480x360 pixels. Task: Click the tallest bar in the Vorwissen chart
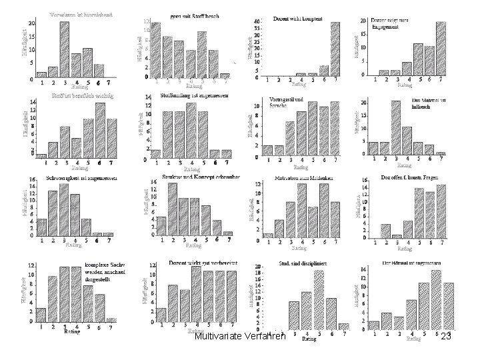pos(64,49)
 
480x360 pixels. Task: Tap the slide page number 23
pos(446,337)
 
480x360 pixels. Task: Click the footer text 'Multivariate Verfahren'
pos(239,337)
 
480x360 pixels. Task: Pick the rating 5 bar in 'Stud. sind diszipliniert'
pos(319,300)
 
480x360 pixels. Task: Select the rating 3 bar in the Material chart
pos(396,127)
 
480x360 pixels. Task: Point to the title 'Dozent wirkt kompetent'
pos(298,19)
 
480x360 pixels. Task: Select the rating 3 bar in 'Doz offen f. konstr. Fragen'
pos(396,237)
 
